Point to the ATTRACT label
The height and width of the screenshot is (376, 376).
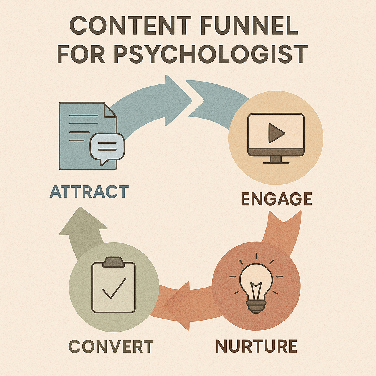point(89,192)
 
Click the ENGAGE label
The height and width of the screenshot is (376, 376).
point(276,199)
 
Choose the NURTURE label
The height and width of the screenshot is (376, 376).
point(256,346)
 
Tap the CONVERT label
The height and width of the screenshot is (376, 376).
point(111,346)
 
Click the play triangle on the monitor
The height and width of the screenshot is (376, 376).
point(276,133)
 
